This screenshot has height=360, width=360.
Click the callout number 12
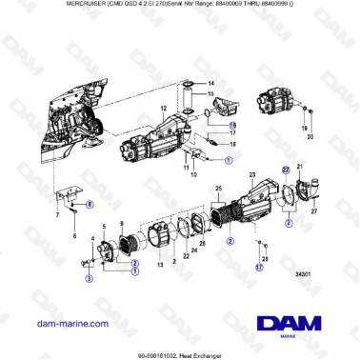(x=163, y=110)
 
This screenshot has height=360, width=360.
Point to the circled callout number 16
(x=232, y=124)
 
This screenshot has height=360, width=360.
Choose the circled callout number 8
(x=90, y=204)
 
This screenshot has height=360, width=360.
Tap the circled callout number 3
(x=89, y=279)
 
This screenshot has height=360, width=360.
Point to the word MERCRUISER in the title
(x=33, y=7)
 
